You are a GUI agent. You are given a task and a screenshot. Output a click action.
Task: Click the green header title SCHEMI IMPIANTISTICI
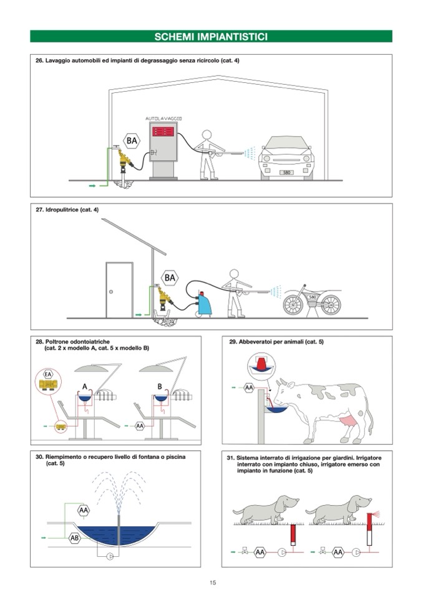tap(211, 37)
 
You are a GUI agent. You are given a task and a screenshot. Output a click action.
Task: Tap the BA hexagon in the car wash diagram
tap(132, 141)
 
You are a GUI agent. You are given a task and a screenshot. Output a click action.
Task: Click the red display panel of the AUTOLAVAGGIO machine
tap(163, 132)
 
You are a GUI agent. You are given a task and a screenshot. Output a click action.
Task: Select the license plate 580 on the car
tap(286, 172)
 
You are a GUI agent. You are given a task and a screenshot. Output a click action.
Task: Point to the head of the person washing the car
tap(207, 135)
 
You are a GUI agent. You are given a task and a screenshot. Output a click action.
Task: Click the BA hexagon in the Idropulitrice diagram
tap(170, 277)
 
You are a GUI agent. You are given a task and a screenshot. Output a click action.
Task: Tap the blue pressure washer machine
tap(204, 303)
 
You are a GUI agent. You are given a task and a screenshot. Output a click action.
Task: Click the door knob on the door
tap(111, 292)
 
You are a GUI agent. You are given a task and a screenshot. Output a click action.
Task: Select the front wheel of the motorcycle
tap(293, 304)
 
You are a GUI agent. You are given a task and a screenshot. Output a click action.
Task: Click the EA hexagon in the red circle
tap(48, 374)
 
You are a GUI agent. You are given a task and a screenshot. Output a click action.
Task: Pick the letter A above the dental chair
tap(85, 387)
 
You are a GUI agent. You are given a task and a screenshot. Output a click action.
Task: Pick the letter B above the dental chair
tap(160, 387)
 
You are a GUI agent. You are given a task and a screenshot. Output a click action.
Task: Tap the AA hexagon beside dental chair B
tap(140, 426)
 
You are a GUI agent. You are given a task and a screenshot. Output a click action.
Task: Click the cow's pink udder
tap(348, 422)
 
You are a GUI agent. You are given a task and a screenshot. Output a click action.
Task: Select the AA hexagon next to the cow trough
tap(249, 388)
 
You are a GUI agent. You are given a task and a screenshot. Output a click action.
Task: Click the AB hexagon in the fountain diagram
tap(75, 538)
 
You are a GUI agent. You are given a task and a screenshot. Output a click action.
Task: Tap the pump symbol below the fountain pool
tap(110, 556)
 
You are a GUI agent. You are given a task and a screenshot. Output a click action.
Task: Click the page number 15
tap(213, 582)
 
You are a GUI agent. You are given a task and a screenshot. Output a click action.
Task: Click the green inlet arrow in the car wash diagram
tap(92, 186)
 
